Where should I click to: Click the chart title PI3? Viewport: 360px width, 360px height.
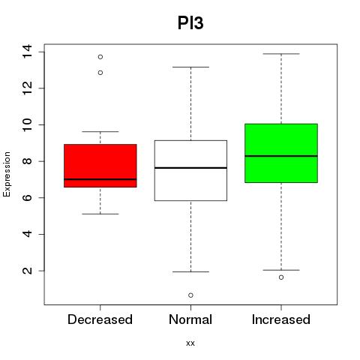(x=190, y=23)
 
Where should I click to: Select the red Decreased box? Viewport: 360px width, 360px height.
(x=100, y=166)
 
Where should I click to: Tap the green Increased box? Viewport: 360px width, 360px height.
(x=281, y=153)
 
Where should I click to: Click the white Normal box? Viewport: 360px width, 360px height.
(x=190, y=170)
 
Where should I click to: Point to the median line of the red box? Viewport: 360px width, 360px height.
(x=100, y=179)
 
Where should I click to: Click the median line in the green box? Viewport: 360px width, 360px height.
(x=281, y=156)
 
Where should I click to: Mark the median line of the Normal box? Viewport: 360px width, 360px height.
(x=190, y=168)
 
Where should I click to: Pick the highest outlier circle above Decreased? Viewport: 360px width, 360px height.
(x=100, y=57)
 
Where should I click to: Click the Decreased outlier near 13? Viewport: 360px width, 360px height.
(x=100, y=73)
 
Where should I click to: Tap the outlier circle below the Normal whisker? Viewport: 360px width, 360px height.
(x=190, y=295)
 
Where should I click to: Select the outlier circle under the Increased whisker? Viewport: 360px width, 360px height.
(x=281, y=277)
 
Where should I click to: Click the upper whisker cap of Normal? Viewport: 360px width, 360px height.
(x=190, y=67)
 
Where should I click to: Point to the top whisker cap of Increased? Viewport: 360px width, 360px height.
(x=281, y=54)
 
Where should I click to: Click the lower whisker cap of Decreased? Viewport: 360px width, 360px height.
(x=100, y=214)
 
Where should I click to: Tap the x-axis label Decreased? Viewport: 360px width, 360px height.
(x=100, y=319)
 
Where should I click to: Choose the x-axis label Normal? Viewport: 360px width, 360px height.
(x=190, y=319)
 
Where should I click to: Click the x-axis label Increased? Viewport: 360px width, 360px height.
(x=281, y=319)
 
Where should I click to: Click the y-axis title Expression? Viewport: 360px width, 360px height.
(x=7, y=174)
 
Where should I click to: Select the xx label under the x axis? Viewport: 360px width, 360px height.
(x=190, y=343)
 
